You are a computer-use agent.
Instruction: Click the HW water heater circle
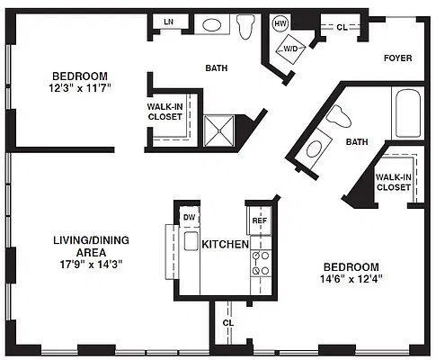click(280, 23)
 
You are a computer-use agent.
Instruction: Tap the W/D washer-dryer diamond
click(290, 49)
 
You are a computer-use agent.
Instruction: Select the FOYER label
click(398, 58)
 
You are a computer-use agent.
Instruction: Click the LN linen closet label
click(169, 22)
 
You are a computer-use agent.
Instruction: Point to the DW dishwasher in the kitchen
click(190, 217)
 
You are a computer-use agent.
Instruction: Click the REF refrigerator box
click(260, 220)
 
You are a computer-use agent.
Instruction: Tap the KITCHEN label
click(226, 244)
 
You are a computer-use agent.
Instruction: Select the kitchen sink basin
click(191, 241)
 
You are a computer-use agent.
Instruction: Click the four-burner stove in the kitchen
click(261, 264)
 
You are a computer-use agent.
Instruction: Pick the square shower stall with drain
click(219, 130)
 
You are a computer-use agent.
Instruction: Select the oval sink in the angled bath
click(314, 149)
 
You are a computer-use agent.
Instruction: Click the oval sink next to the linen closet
click(212, 24)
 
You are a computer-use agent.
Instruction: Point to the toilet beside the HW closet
click(245, 26)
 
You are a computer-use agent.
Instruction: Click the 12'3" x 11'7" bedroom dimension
click(80, 88)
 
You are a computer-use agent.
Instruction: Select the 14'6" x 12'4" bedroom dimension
click(351, 279)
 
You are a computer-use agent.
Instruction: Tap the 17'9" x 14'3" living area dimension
click(91, 265)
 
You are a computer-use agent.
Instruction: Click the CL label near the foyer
click(342, 28)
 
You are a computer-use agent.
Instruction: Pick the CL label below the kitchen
click(228, 323)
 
